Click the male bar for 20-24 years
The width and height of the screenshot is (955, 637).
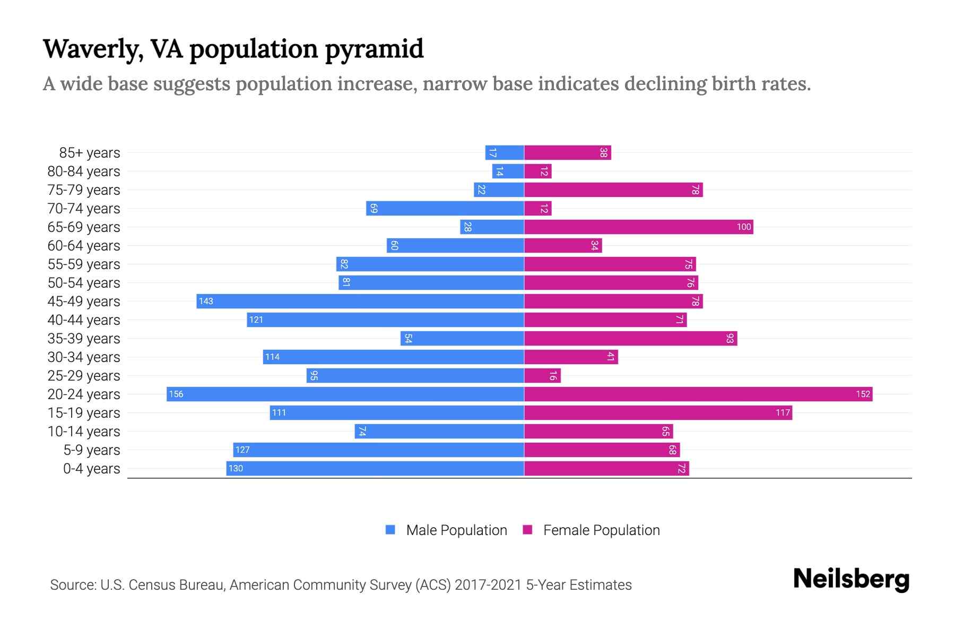[345, 394]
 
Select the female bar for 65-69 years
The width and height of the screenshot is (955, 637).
[638, 227]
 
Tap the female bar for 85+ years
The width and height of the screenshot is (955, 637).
[567, 152]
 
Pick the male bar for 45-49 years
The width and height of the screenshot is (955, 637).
[360, 301]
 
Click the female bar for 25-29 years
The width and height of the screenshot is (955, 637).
[542, 375]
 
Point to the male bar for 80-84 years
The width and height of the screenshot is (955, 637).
[508, 171]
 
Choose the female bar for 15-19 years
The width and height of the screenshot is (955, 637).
[658, 412]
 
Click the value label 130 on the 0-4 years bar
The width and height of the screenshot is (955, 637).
[236, 468]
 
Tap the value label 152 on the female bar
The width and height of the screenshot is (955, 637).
[863, 394]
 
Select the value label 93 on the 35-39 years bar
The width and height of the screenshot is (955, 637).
[730, 338]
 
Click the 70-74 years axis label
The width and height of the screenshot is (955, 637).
[84, 209]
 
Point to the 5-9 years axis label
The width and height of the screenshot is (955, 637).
[92, 450]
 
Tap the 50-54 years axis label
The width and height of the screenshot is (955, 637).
[84, 283]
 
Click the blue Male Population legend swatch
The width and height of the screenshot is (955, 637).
[390, 530]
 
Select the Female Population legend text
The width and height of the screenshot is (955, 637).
[601, 530]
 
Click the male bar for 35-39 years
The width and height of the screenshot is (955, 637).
[462, 338]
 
